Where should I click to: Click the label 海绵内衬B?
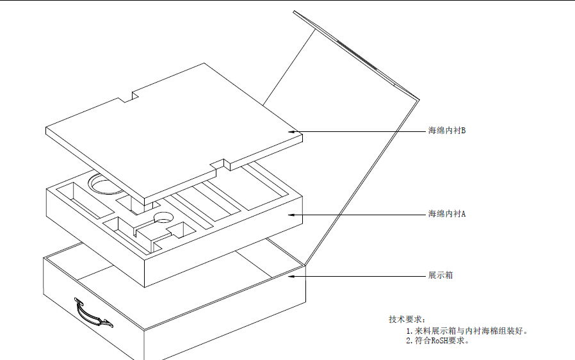(x=447, y=131)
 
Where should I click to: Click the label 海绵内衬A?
(x=447, y=213)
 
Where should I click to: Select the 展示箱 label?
(x=441, y=275)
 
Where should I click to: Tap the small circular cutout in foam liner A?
(x=163, y=217)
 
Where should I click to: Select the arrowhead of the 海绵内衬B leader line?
(x=298, y=132)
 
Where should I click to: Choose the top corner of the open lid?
(x=295, y=12)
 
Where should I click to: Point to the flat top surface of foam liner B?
(x=173, y=128)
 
